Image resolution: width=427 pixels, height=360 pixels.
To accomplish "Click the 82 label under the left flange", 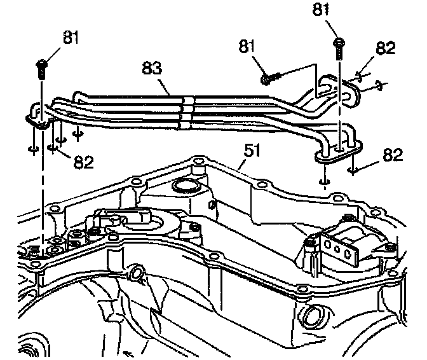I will pyautogui.click(x=83, y=162).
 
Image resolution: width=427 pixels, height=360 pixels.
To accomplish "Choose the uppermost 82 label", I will pyautogui.click(x=386, y=48).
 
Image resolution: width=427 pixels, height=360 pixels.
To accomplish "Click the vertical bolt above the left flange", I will pyautogui.click(x=42, y=68).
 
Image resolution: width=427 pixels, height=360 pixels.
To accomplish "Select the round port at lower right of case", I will pyautogui.click(x=315, y=315).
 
